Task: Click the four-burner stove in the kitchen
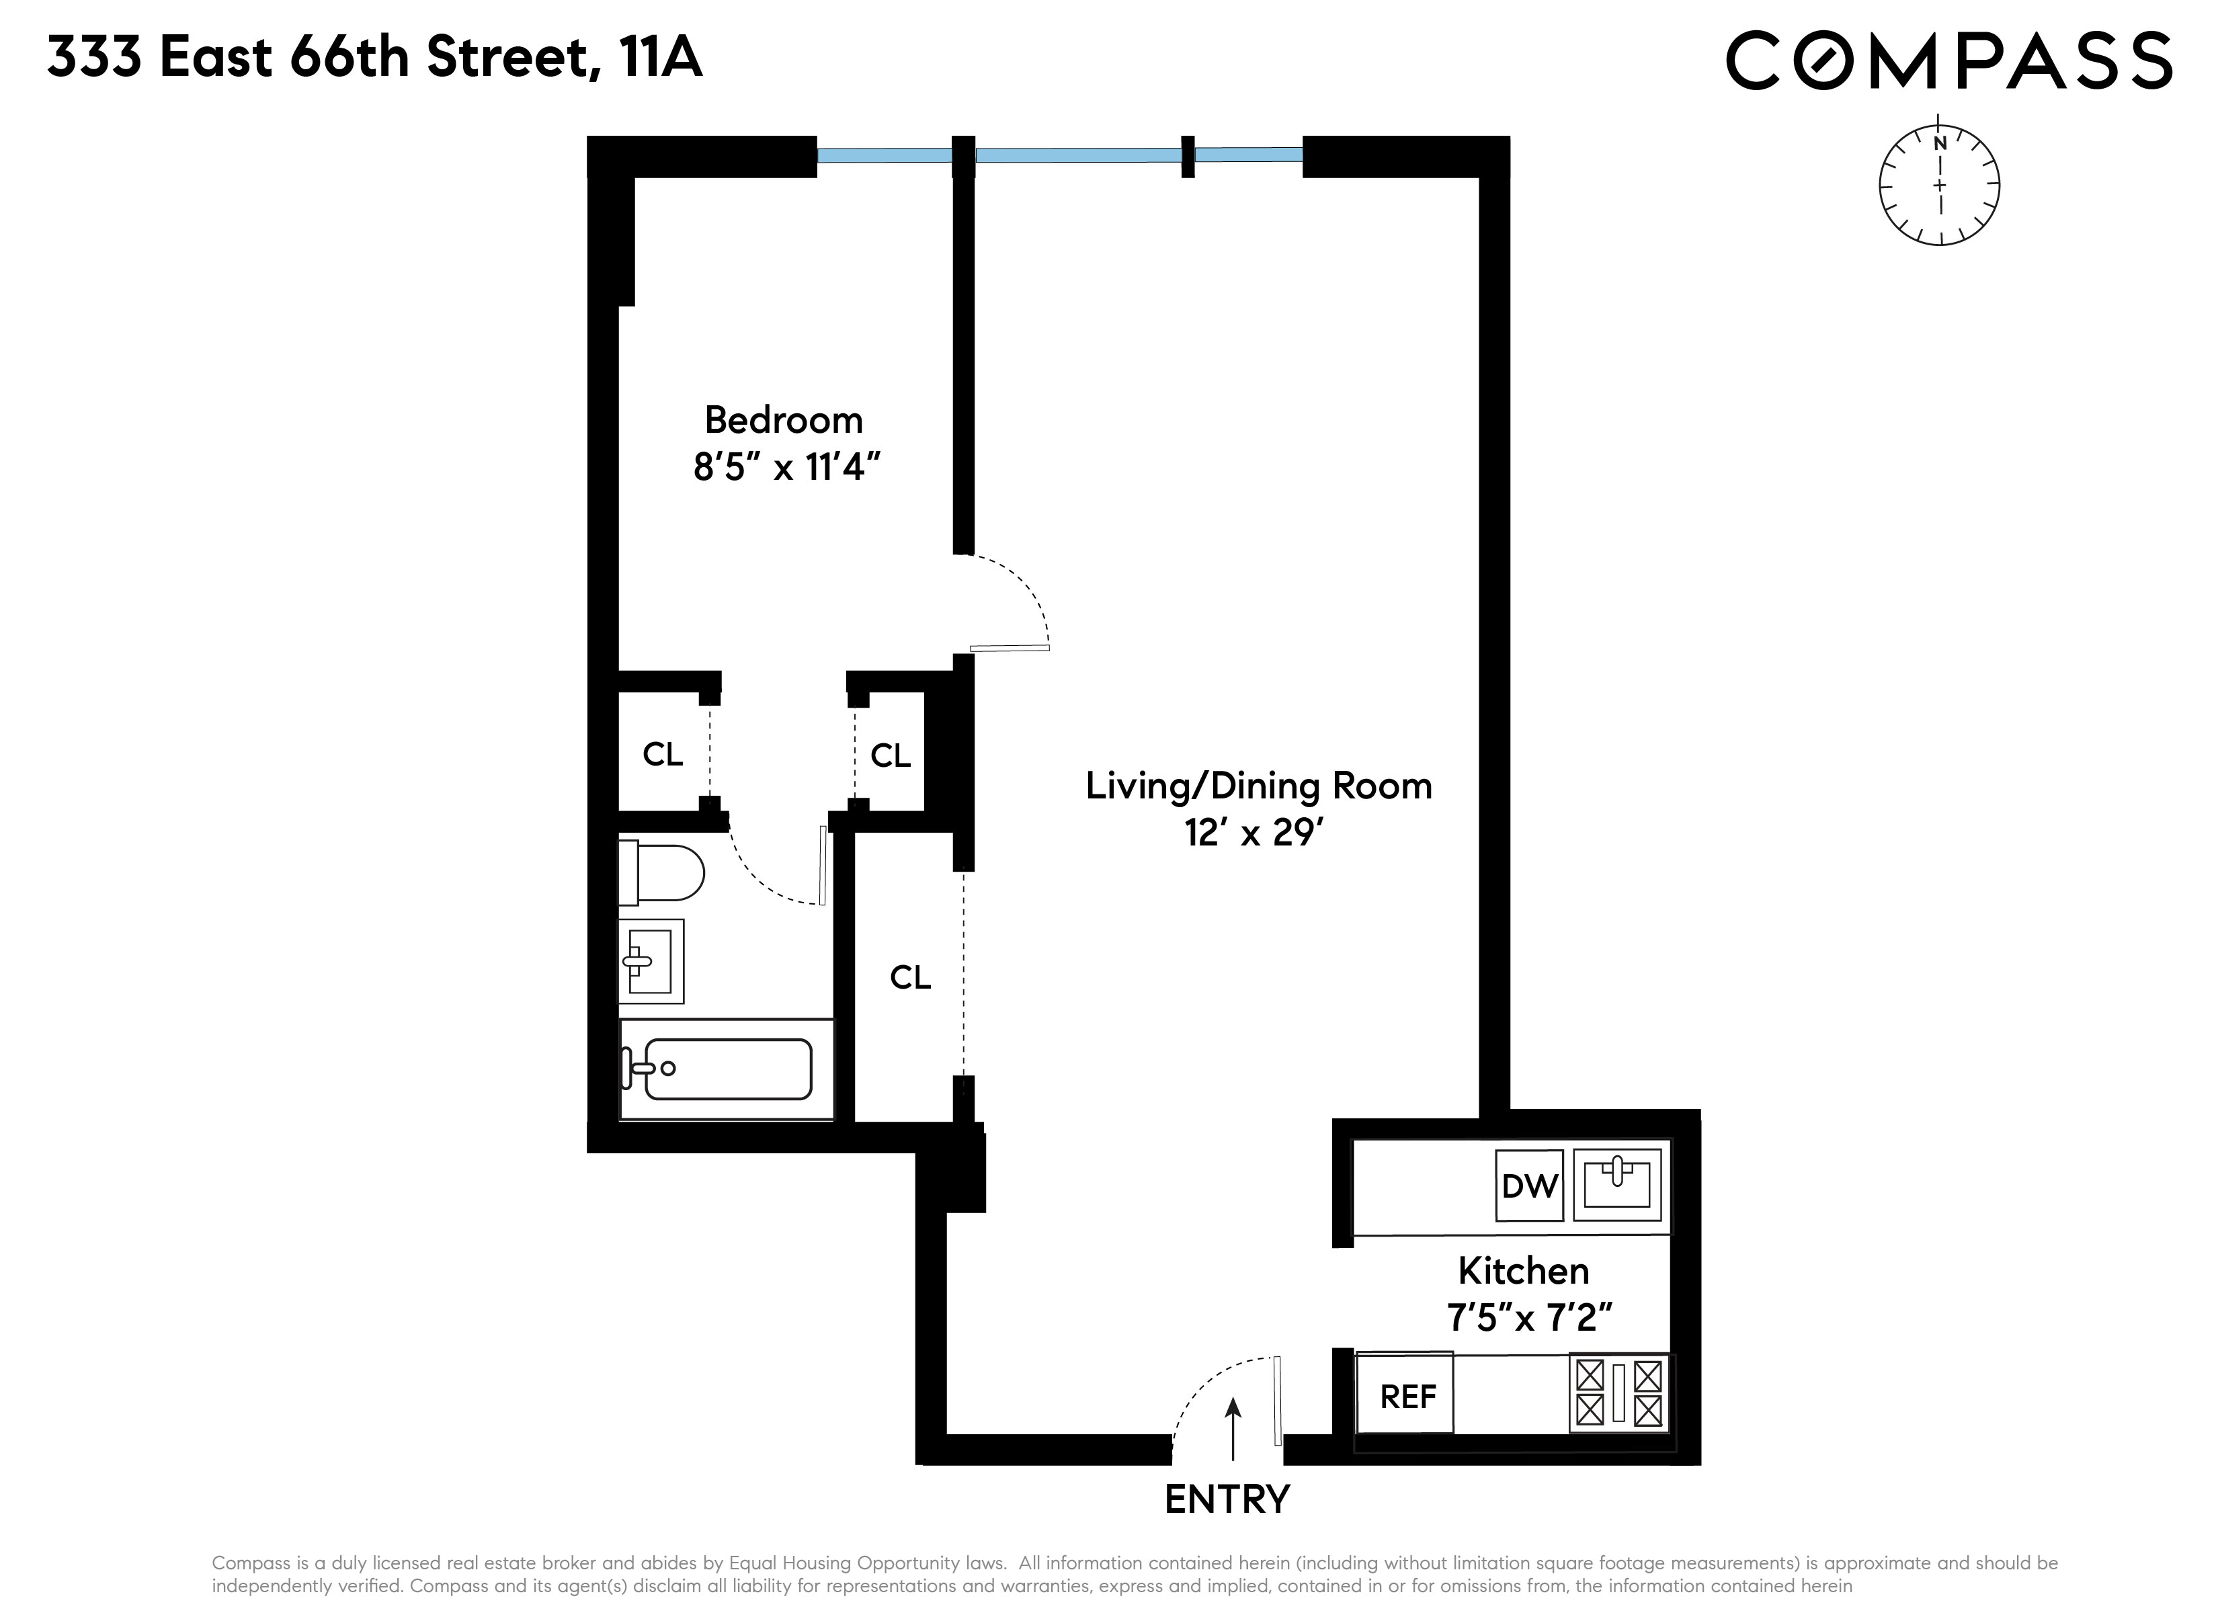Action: point(1618,1393)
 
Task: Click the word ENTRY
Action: point(1227,1499)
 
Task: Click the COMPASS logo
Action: point(1948,60)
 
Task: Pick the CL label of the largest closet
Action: point(909,977)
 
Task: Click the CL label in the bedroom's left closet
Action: point(662,754)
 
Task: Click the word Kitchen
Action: point(1522,1271)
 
